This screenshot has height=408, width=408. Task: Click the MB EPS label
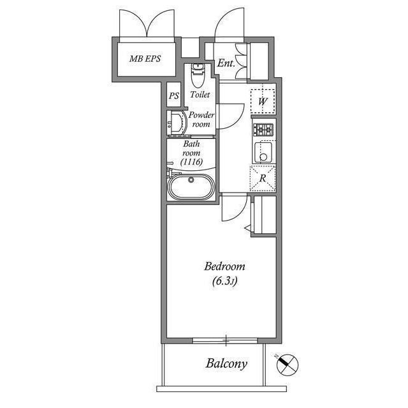145,59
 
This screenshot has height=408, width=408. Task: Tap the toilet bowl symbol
198,75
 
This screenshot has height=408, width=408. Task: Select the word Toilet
200,94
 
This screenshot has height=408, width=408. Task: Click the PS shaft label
174,96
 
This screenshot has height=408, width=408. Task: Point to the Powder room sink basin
177,123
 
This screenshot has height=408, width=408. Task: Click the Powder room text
201,119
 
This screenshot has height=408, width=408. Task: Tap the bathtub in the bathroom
191,187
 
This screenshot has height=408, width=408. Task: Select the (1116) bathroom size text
191,162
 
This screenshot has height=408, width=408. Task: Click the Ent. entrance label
226,63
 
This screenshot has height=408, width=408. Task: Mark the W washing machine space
263,101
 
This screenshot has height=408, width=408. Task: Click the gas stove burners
263,129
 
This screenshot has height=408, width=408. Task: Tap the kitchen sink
263,152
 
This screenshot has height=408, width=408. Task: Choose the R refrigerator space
263,178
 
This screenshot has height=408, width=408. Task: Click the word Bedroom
224,266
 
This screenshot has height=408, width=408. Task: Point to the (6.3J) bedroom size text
224,281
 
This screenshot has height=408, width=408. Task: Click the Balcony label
226,364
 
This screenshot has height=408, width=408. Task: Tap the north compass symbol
287,365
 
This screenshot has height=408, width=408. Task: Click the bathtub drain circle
191,180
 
